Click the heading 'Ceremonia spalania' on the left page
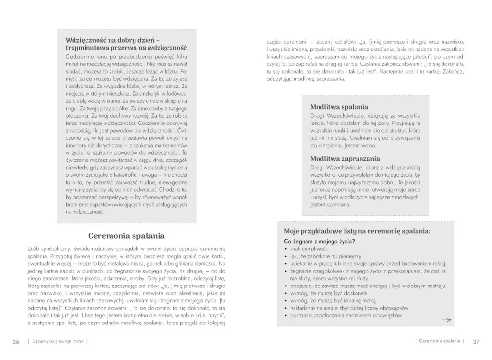[x=127, y=236]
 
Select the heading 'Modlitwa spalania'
[x=339, y=107]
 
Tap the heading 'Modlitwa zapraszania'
[x=344, y=158]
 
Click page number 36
[x=16, y=342]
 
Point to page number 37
[x=476, y=342]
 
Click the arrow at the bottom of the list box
[x=446, y=319]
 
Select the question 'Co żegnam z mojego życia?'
[x=320, y=241]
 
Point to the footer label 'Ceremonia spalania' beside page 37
[x=439, y=342]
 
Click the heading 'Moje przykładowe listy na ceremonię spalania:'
[x=357, y=231]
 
